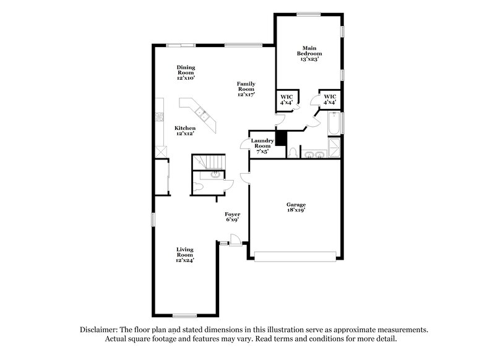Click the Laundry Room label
tap(262, 144)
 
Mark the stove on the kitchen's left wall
tap(160, 116)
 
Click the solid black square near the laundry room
tap(281, 139)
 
